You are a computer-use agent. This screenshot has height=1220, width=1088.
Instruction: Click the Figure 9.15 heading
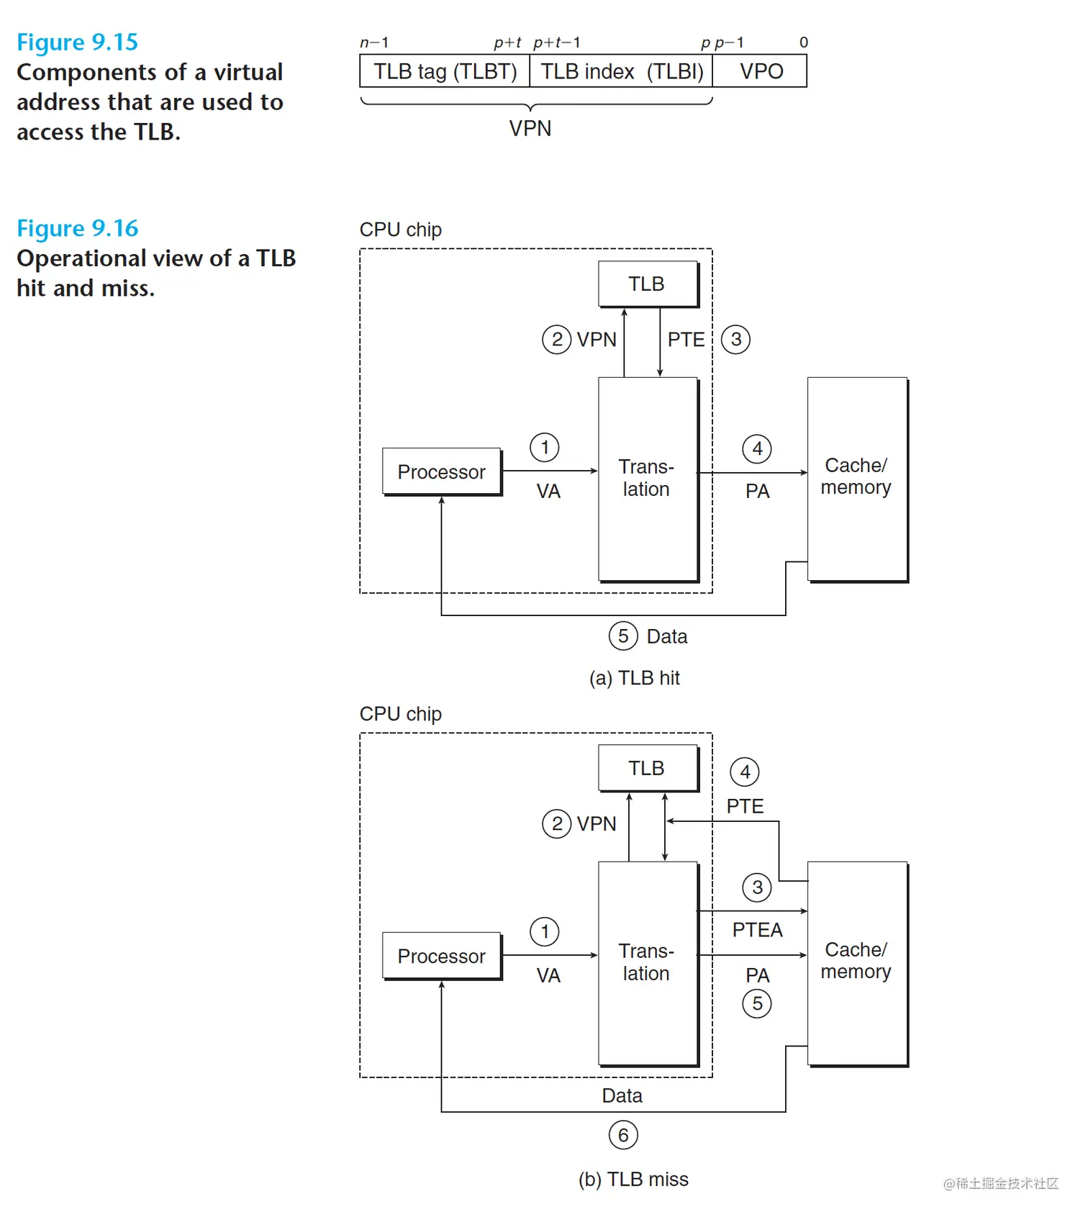[77, 42]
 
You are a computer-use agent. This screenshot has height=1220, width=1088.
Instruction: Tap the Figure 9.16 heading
[77, 228]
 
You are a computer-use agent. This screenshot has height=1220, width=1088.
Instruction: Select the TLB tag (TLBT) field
[445, 71]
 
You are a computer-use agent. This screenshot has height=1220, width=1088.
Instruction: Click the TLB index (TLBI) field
[621, 71]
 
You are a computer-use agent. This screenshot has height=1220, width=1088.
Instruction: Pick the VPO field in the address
[760, 71]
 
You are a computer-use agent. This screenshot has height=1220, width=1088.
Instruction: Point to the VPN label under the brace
[530, 129]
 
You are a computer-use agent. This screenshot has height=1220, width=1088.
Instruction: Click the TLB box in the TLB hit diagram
[648, 284]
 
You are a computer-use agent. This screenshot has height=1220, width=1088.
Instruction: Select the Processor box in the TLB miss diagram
[442, 956]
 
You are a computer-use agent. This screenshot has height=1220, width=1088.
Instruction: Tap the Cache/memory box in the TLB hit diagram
[857, 479]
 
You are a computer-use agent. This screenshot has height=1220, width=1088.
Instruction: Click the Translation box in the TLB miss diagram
[648, 964]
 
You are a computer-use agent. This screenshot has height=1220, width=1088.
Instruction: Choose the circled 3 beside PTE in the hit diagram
[735, 339]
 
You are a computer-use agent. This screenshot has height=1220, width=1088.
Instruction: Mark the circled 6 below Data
[623, 1135]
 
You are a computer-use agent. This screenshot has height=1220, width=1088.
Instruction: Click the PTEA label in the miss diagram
[757, 930]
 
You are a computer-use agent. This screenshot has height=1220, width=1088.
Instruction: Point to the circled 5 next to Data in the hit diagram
[623, 636]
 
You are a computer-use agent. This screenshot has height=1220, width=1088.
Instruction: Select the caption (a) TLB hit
[634, 678]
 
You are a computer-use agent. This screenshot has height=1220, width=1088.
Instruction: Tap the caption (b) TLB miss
[633, 1179]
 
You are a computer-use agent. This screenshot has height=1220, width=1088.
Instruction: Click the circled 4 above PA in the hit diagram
[757, 448]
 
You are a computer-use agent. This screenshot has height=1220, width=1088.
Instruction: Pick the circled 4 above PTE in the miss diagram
[745, 772]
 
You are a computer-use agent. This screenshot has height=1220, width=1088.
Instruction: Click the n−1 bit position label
[374, 42]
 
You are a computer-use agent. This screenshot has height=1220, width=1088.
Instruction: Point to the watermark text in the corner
[1001, 1183]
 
